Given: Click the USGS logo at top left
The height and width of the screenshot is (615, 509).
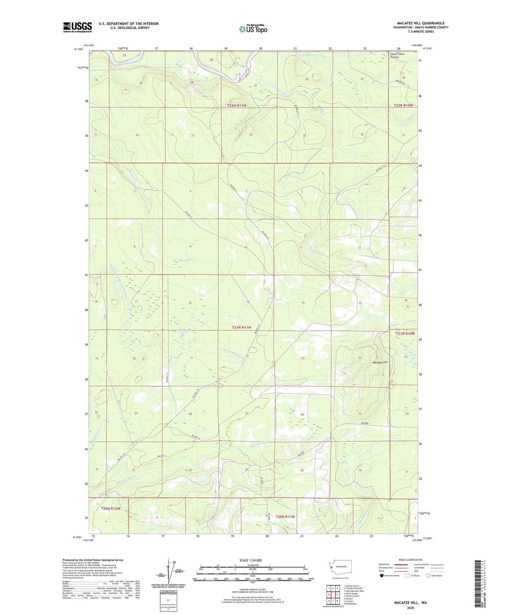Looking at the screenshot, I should pyautogui.click(x=77, y=27).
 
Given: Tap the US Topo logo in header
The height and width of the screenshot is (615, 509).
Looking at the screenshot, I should pyautogui.click(x=253, y=29).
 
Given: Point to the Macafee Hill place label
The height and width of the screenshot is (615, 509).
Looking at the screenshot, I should pyautogui.click(x=380, y=362).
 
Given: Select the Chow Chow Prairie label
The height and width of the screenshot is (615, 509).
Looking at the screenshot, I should pyautogui.click(x=397, y=56).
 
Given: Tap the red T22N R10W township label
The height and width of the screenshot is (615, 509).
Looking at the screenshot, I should pyautogui.click(x=403, y=105).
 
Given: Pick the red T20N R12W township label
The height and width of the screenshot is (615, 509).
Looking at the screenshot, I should pyautogui.click(x=111, y=508).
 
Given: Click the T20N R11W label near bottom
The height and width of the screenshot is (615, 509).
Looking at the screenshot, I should pyautogui.click(x=285, y=516).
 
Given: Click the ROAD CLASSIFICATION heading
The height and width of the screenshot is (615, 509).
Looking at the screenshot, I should pyautogui.click(x=410, y=560).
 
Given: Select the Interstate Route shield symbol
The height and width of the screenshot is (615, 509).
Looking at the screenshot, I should pyautogui.click(x=382, y=576).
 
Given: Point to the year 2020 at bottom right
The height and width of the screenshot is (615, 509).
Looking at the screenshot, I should pyautogui.click(x=410, y=608).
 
